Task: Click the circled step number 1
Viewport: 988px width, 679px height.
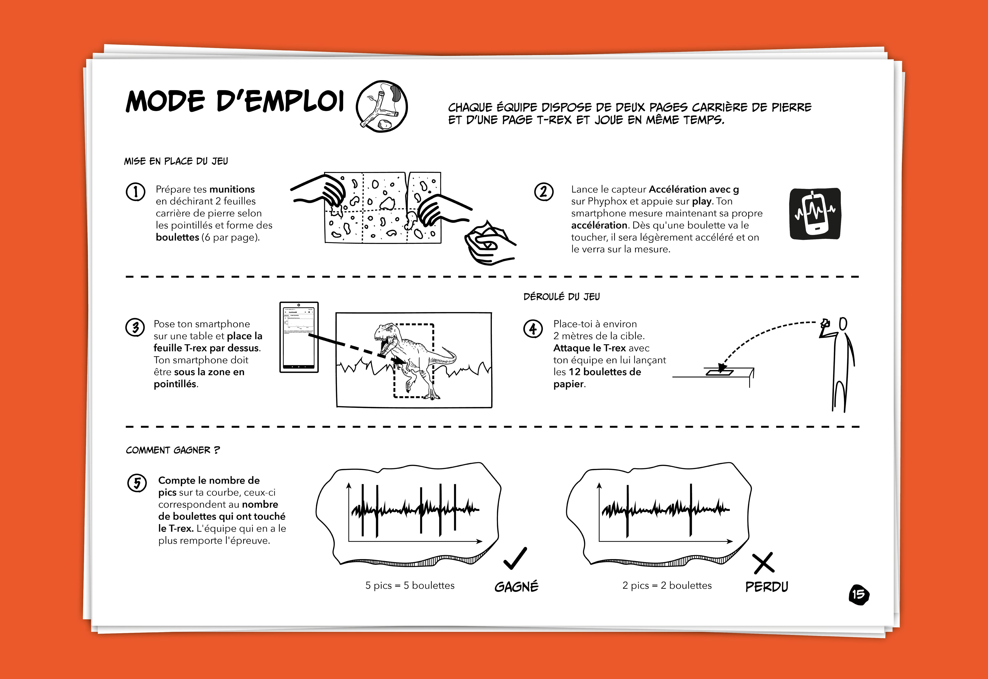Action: tap(135, 192)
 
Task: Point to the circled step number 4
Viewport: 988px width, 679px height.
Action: tap(533, 329)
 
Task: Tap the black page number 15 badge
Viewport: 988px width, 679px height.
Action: tap(859, 594)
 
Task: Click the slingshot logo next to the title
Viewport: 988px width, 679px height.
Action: tap(382, 106)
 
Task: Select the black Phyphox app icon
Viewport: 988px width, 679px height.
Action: tap(815, 214)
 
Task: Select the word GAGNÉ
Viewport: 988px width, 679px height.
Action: tap(516, 587)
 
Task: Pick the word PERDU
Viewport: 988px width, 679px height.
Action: tap(766, 587)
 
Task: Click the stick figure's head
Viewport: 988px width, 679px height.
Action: tap(843, 324)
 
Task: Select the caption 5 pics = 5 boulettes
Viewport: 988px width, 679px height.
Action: tap(410, 585)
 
